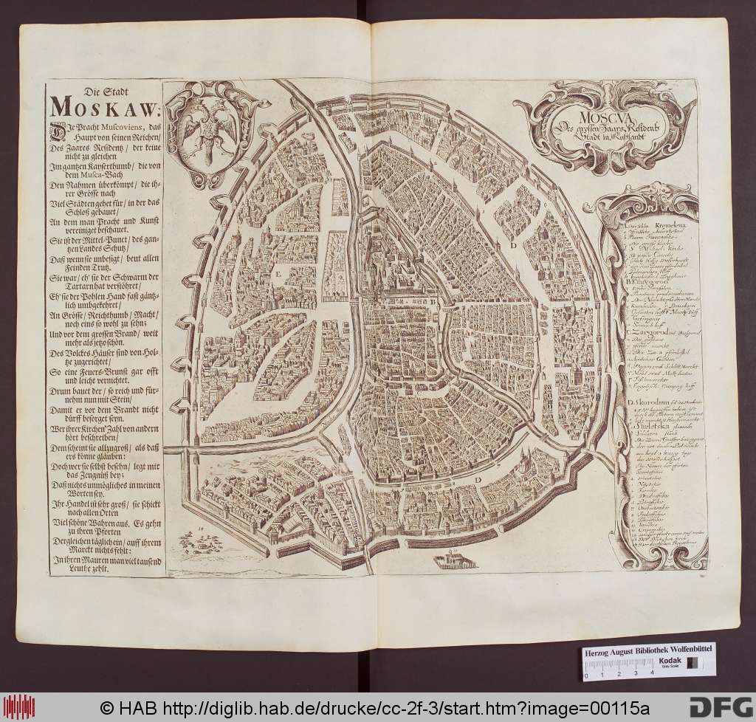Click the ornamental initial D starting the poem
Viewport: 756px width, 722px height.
coord(55,131)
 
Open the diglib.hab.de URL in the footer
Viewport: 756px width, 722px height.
coord(355,706)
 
